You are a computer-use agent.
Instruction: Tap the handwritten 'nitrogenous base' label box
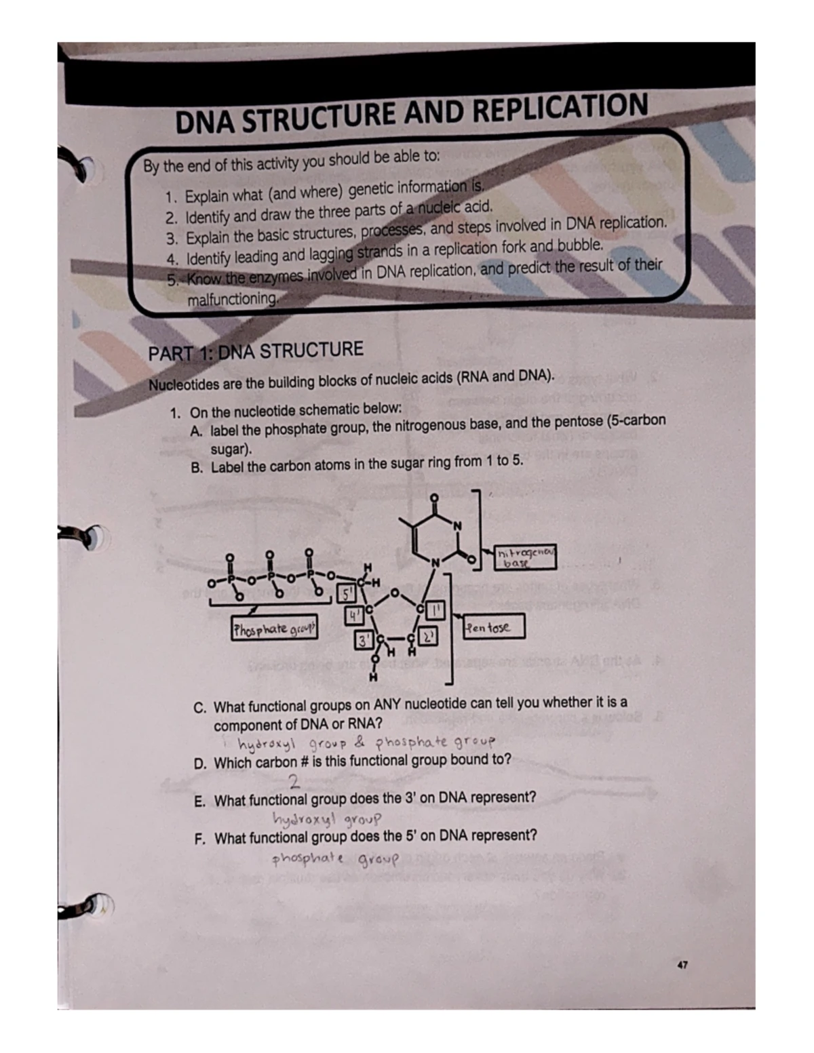point(525,557)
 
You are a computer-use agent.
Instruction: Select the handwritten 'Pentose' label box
point(493,627)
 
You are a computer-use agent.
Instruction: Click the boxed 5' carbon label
point(346,595)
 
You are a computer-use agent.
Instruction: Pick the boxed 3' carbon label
point(365,639)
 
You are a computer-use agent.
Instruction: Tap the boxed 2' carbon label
point(429,637)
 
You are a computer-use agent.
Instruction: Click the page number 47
point(682,963)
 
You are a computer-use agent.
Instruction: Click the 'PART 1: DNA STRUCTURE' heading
point(256,352)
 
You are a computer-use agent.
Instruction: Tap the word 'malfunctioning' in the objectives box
point(233,298)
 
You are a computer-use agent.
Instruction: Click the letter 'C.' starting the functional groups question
point(200,708)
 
